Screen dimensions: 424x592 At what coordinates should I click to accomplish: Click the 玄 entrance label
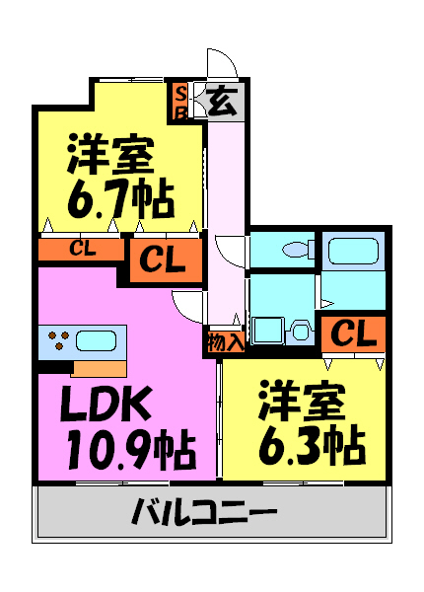pyautogui.click(x=222, y=102)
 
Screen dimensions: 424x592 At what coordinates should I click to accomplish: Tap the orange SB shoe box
pyautogui.click(x=180, y=102)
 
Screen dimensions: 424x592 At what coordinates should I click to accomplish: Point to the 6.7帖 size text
pyautogui.click(x=120, y=198)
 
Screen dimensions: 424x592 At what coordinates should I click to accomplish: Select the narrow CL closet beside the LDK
pyautogui.click(x=82, y=250)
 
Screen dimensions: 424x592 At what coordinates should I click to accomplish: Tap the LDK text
pyautogui.click(x=107, y=404)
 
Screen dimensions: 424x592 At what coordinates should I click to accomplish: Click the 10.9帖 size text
pyautogui.click(x=131, y=449)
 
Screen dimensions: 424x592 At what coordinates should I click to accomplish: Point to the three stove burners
pyautogui.click(x=59, y=339)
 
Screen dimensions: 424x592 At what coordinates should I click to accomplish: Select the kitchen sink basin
pyautogui.click(x=96, y=340)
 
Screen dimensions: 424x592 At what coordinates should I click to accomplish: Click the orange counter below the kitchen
pyautogui.click(x=99, y=369)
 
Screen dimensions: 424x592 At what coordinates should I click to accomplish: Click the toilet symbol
pyautogui.click(x=299, y=250)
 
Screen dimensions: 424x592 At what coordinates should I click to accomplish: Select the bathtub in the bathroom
pyautogui.click(x=353, y=251)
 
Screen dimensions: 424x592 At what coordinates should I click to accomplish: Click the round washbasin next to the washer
pyautogui.click(x=300, y=330)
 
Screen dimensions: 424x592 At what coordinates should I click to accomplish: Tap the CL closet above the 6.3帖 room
pyautogui.click(x=353, y=333)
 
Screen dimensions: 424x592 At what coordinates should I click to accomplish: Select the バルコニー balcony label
pyautogui.click(x=204, y=511)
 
